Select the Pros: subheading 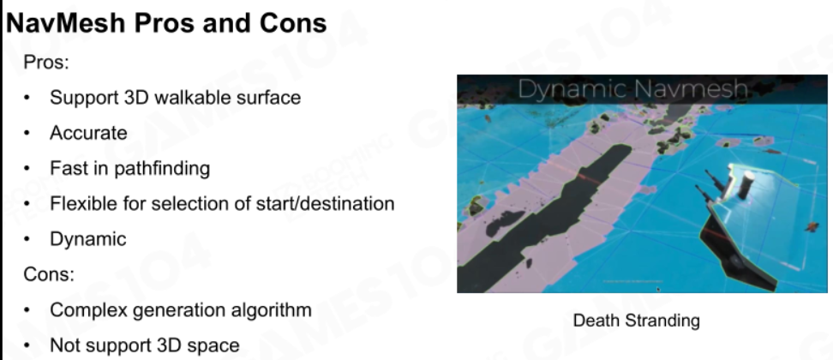point(47,63)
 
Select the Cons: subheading point(49,274)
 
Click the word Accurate point(89,133)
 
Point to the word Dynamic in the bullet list point(88,239)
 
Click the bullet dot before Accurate point(27,134)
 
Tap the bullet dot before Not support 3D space point(27,346)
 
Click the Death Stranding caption point(637,321)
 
